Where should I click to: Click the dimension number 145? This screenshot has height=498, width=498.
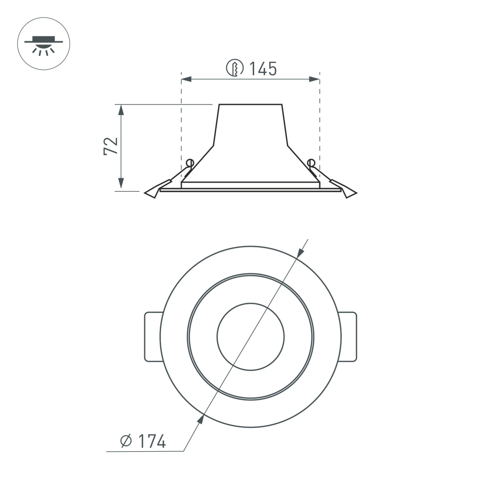click(x=262, y=69)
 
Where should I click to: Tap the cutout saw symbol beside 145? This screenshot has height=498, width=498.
click(x=235, y=68)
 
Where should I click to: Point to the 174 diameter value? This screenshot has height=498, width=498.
click(x=152, y=441)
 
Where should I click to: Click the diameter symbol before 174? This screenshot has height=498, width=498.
click(x=126, y=441)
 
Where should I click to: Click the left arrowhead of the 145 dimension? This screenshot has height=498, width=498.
click(x=186, y=79)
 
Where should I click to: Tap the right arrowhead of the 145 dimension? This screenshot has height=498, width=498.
click(x=314, y=79)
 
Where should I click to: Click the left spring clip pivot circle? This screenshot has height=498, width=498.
click(x=189, y=162)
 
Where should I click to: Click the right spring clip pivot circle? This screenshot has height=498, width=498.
click(x=311, y=162)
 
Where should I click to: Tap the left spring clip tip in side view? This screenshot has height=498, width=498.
click(x=150, y=193)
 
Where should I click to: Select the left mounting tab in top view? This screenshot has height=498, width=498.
click(x=152, y=337)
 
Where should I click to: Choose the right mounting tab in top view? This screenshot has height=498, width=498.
click(x=349, y=337)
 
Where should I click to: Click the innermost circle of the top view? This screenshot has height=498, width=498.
click(x=250, y=337)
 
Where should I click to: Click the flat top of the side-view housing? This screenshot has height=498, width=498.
click(x=250, y=105)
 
